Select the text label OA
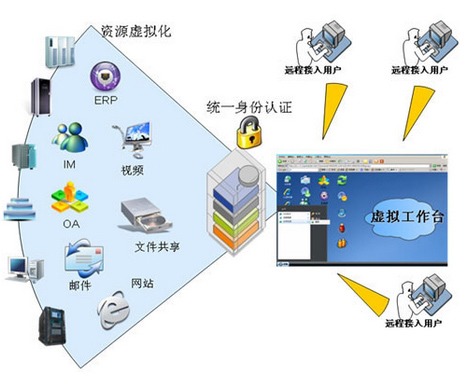71,223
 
